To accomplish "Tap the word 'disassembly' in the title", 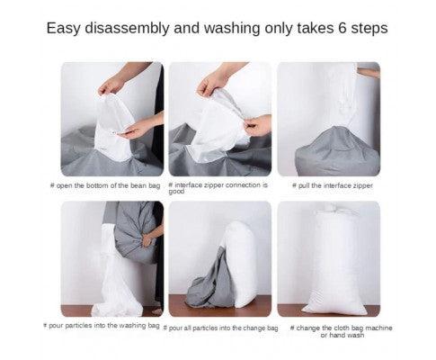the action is coord(127,29).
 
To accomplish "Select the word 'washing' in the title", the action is coord(232,29).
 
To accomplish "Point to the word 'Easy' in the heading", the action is coord(64,29).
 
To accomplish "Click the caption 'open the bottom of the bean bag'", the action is coord(105,185).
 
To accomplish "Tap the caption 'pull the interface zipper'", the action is coord(333,185).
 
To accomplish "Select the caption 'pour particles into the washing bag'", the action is coord(102,326).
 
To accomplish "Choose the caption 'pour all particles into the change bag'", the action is coord(220,328).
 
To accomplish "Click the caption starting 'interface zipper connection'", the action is coord(218,188).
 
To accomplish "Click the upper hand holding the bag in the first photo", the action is coord(111,85).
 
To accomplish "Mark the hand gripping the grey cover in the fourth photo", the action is coord(147,240).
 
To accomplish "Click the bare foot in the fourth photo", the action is coord(157,310).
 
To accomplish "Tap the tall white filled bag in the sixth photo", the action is coord(335,261).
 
